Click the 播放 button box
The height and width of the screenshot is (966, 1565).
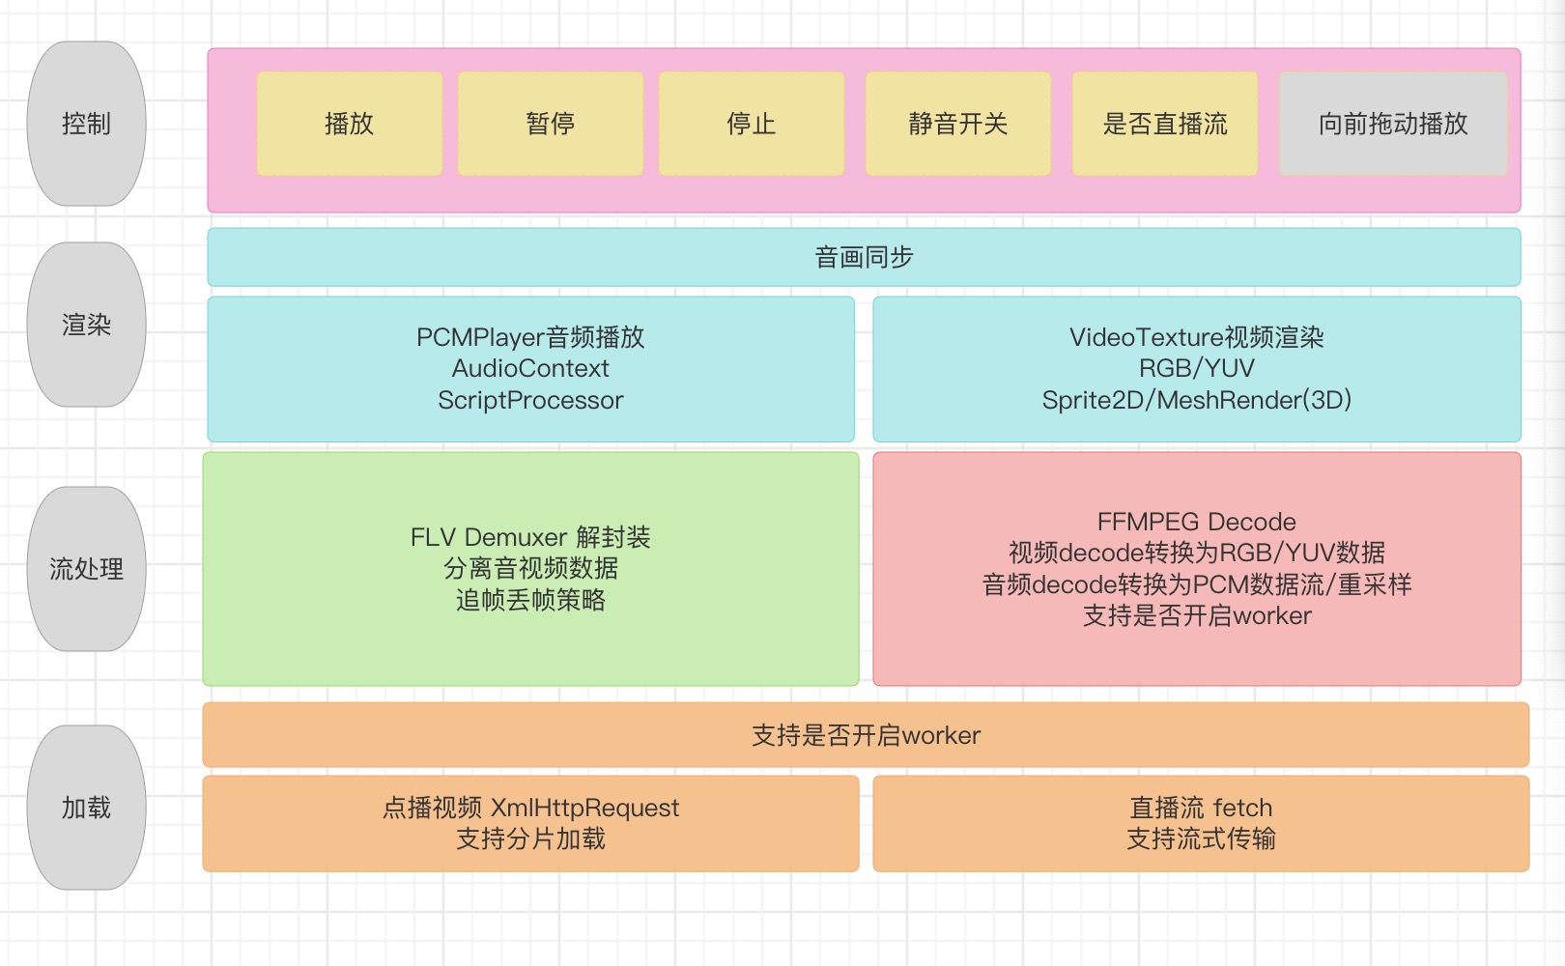[x=349, y=124]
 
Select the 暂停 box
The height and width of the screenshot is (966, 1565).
[x=550, y=124]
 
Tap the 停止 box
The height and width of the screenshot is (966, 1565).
[x=751, y=124]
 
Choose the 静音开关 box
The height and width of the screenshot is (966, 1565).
[x=957, y=124]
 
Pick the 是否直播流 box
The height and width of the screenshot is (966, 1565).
[x=1164, y=124]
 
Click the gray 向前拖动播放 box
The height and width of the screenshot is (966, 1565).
[x=1392, y=124]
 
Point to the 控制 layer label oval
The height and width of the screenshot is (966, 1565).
[x=86, y=124]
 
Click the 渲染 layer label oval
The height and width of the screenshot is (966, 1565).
[x=86, y=325]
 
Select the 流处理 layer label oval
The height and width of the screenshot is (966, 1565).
[x=86, y=569]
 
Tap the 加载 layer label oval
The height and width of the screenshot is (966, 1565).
[x=86, y=808]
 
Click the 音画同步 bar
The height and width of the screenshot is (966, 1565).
[x=864, y=257]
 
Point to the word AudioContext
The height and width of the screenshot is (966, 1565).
[x=530, y=368]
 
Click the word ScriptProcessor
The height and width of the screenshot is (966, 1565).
[x=530, y=400]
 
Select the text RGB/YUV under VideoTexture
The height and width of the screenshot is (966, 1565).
[x=1196, y=368]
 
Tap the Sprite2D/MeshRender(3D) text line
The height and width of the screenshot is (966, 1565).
[x=1196, y=400]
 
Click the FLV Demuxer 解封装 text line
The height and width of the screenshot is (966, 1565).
[x=530, y=537]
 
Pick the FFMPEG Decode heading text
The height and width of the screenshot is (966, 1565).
[x=1196, y=522]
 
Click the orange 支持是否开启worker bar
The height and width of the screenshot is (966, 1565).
[x=866, y=735]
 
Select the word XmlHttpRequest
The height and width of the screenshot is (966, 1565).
[x=584, y=808]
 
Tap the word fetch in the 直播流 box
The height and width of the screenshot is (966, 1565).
[x=1242, y=808]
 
